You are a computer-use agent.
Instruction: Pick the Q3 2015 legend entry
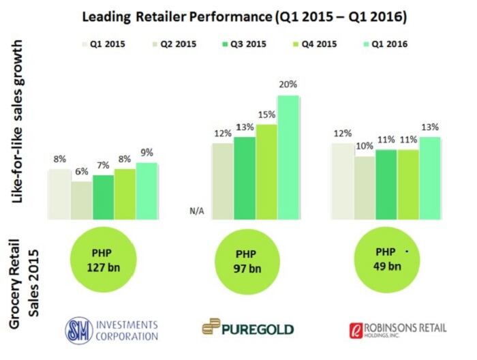pyautogui.click(x=245, y=46)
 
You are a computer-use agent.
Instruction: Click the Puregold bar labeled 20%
pyautogui.click(x=288, y=157)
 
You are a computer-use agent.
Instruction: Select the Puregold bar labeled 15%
pyautogui.click(x=266, y=172)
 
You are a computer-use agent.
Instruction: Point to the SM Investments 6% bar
pyautogui.click(x=81, y=200)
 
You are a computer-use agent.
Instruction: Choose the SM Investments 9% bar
pyautogui.click(x=147, y=191)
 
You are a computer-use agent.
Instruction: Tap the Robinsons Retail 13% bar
pyautogui.click(x=430, y=178)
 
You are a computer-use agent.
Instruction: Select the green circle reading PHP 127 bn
pyautogui.click(x=102, y=258)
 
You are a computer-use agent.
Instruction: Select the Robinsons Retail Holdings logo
pyautogui.click(x=397, y=329)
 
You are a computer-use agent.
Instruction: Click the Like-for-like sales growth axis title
pyautogui.click(x=19, y=121)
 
